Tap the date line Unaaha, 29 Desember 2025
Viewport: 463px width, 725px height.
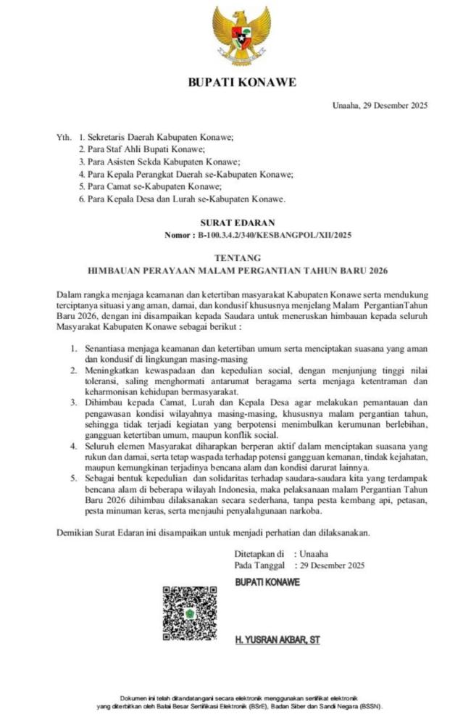tap(380, 106)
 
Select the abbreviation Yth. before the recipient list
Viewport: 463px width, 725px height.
tap(64, 136)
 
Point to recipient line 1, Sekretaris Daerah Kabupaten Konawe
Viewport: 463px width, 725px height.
tap(160, 136)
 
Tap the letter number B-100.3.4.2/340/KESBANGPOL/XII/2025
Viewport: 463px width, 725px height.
tap(274, 235)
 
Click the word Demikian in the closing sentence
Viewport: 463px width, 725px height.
tap(75, 533)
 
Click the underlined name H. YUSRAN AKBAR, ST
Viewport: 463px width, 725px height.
tap(278, 640)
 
